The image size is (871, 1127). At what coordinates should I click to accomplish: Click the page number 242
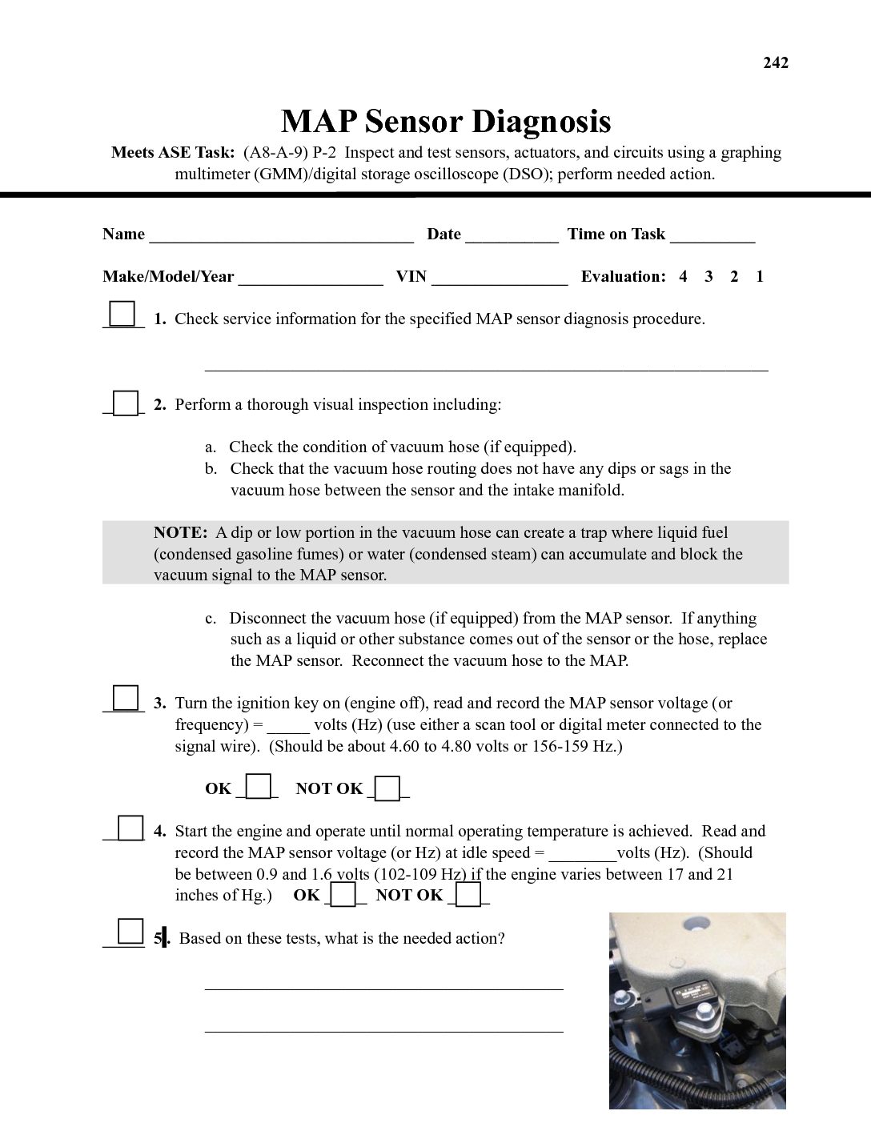click(775, 63)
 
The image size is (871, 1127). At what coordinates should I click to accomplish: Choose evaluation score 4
click(683, 277)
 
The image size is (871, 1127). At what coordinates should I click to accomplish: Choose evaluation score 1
click(760, 277)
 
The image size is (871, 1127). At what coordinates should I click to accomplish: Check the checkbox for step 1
click(122, 313)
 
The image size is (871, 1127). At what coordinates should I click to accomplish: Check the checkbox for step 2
click(126, 403)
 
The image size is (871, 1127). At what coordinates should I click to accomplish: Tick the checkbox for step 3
click(126, 698)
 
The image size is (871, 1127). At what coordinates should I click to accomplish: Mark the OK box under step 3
click(258, 787)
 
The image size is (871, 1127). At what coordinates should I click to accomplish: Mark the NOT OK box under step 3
click(387, 788)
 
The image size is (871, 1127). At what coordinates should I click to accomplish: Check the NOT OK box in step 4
click(468, 894)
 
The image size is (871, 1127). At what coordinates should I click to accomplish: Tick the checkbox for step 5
click(129, 932)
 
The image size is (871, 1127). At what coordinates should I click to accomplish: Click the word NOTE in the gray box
click(180, 533)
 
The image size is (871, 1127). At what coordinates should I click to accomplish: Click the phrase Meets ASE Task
click(172, 153)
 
